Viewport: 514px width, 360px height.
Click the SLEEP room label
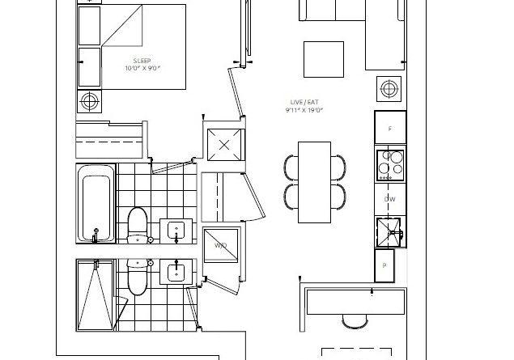pos(142,61)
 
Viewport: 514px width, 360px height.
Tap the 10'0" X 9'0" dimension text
pos(143,69)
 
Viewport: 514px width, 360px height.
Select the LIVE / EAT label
pos(304,102)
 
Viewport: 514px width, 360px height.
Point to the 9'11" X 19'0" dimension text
pos(304,110)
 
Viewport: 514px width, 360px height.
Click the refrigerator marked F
pos(390,128)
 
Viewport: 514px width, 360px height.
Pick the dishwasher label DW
pos(390,199)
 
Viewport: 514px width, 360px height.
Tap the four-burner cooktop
pos(390,165)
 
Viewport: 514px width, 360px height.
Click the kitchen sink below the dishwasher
pos(389,232)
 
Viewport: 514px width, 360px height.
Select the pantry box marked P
pos(384,265)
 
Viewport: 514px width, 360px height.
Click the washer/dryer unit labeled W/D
pos(221,245)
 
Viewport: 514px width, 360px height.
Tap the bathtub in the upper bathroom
pos(96,203)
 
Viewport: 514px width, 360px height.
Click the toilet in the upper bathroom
pos(138,226)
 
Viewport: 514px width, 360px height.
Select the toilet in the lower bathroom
pos(138,277)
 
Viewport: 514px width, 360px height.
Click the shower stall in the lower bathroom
pos(96,295)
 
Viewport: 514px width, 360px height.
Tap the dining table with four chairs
pos(314,182)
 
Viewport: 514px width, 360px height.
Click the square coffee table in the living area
pos(324,59)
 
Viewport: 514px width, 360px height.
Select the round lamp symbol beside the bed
pos(90,101)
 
